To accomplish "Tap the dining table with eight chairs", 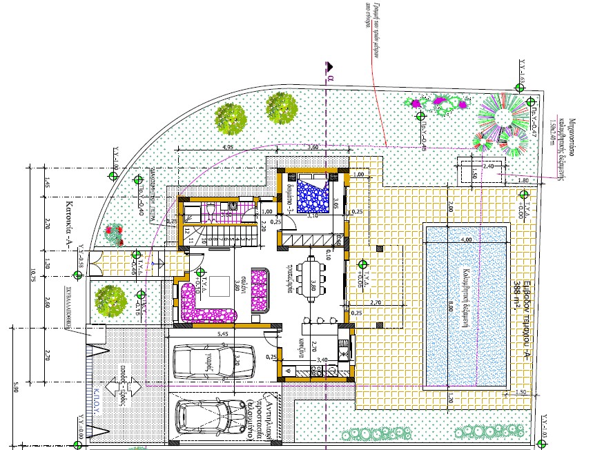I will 312,282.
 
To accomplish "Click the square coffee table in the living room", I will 220,285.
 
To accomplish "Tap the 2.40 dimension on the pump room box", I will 487,166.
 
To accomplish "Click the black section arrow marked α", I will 330,66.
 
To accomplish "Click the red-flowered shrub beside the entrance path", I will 113,235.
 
